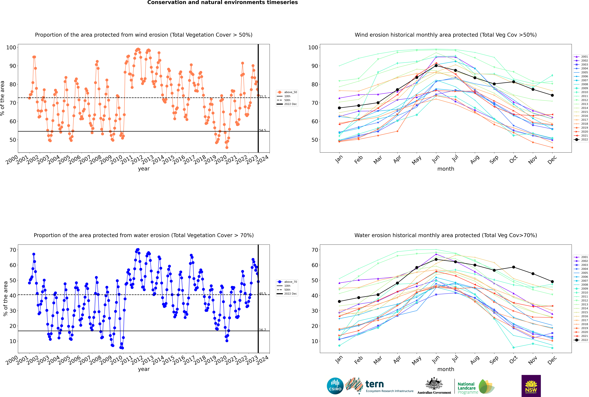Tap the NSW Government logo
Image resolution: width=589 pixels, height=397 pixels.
click(531, 386)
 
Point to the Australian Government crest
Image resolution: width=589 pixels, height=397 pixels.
click(434, 384)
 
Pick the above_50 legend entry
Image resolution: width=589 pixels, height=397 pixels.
click(287, 92)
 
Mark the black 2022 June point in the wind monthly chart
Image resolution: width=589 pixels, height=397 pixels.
click(436, 66)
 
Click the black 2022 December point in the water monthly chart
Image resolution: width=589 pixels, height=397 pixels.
click(552, 282)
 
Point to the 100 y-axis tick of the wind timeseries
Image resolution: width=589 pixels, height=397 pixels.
click(11, 47)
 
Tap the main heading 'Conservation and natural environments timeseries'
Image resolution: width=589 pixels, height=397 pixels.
click(223, 3)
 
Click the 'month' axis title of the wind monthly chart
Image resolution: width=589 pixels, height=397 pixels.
click(446, 169)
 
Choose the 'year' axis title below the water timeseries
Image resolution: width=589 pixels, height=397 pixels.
click(144, 369)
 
